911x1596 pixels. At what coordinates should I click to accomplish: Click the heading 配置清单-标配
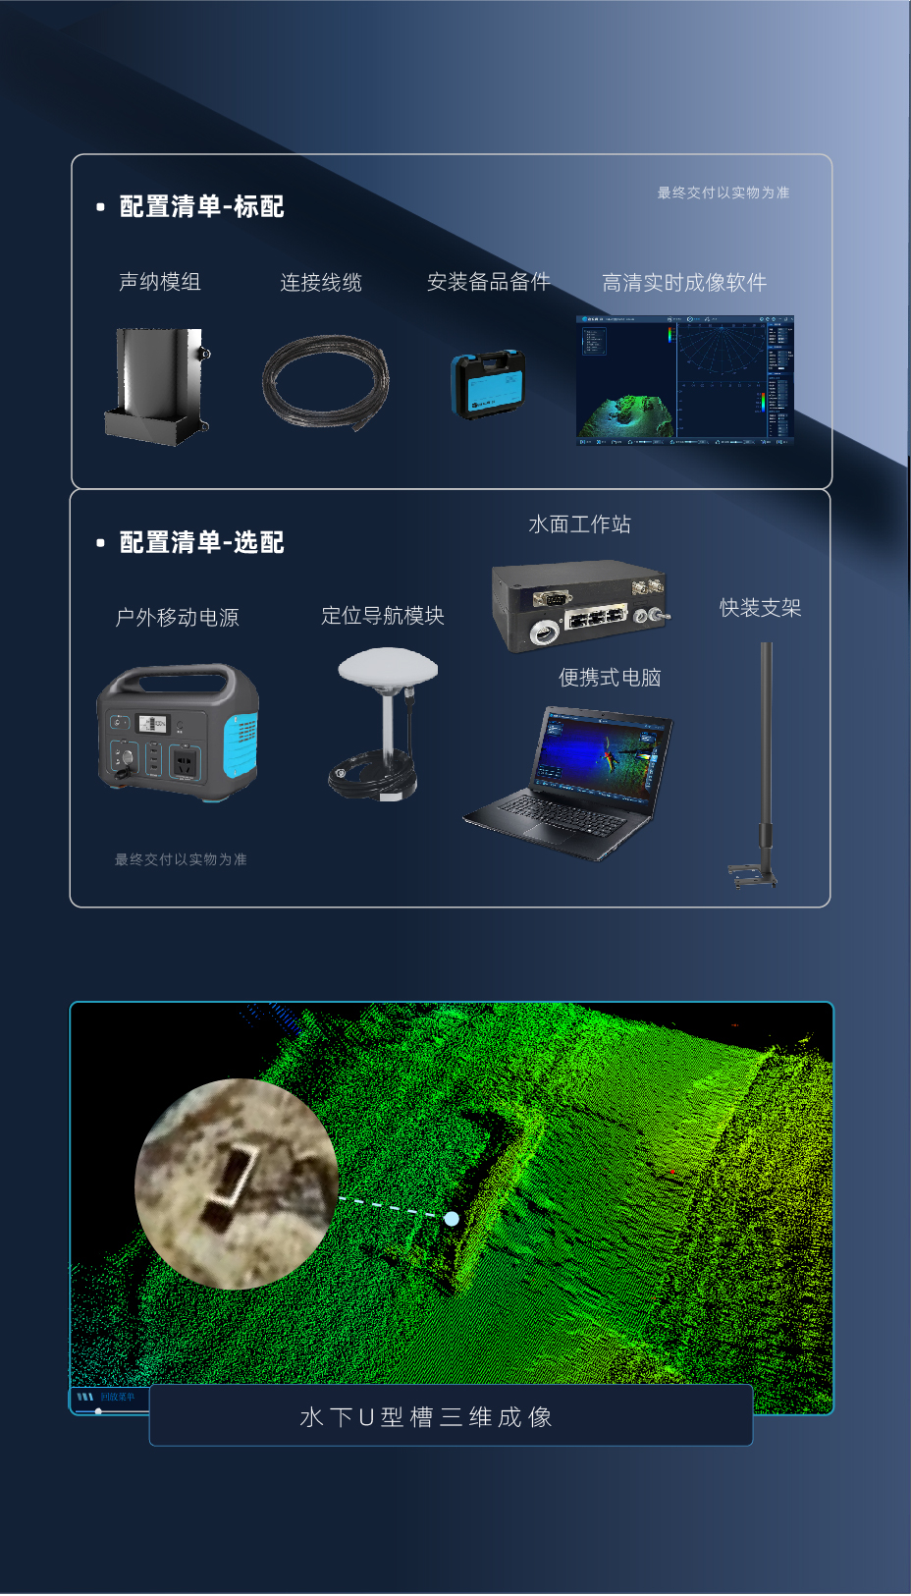coord(201,206)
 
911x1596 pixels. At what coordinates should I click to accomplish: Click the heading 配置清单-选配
coord(201,542)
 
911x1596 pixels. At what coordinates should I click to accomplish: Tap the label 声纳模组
coord(160,282)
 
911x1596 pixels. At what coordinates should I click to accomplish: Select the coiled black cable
coord(325,381)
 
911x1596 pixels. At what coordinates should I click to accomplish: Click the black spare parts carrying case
coord(489,384)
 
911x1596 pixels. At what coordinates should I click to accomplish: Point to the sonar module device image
coord(157,386)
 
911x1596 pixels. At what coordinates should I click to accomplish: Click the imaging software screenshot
coord(684,381)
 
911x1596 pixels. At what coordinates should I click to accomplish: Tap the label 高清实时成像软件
coord(683,283)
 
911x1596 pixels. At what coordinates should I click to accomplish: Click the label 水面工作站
coord(579,524)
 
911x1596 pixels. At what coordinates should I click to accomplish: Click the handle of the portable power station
coord(177,678)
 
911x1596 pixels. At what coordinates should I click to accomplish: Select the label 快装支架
coord(760,608)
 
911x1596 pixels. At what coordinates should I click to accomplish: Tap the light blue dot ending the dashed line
coord(452,1219)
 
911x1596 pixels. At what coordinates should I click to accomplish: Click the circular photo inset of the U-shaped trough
coord(237,1183)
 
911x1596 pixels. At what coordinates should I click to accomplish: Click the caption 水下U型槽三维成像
coord(426,1417)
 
